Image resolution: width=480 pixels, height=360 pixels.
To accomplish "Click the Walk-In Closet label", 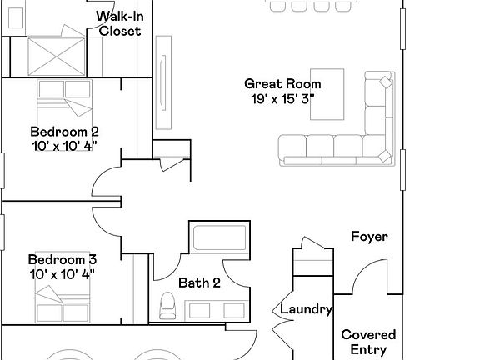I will pos(119,24).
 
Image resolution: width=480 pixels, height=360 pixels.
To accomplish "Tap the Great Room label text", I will pos(282,83).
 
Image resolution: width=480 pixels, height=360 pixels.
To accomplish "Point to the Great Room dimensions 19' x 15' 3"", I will pos(282,98).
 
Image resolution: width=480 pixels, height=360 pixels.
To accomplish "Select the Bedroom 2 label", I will pos(64,131).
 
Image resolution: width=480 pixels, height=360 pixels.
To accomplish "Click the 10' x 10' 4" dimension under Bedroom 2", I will pos(64,145).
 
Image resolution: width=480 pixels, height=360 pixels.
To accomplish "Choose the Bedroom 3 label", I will pos(62,259).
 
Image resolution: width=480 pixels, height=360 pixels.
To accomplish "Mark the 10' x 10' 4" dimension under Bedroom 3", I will pos(62,273).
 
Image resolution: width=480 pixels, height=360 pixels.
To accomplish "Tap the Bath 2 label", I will pos(199,282).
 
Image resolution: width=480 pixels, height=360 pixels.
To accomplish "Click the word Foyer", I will pos(369,237).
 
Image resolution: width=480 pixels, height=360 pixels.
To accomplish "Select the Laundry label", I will pos(306,309).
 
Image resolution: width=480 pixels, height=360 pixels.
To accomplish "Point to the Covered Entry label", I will pos(368,342).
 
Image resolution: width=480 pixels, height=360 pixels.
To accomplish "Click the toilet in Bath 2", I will pos(166,306).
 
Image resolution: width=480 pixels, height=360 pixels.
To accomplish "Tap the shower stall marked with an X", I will pos(56,54).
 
